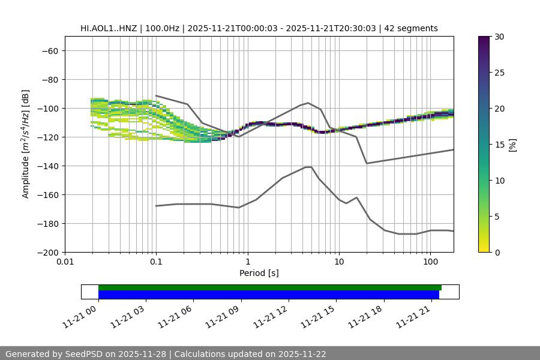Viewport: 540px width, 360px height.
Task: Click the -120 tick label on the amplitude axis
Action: (49, 137)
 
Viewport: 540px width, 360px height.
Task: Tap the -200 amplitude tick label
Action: (49, 252)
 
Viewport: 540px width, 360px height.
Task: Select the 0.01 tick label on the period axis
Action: (65, 262)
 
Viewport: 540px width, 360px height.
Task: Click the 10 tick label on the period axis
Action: (339, 262)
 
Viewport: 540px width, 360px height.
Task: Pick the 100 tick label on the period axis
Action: (430, 262)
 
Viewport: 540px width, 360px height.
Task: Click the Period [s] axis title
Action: (259, 273)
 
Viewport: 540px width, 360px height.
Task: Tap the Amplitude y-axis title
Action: (26, 144)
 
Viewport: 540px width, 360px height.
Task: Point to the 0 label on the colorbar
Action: (497, 252)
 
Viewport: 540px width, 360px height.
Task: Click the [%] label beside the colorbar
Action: (512, 145)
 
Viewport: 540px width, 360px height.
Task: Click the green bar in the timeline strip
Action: (269, 287)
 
